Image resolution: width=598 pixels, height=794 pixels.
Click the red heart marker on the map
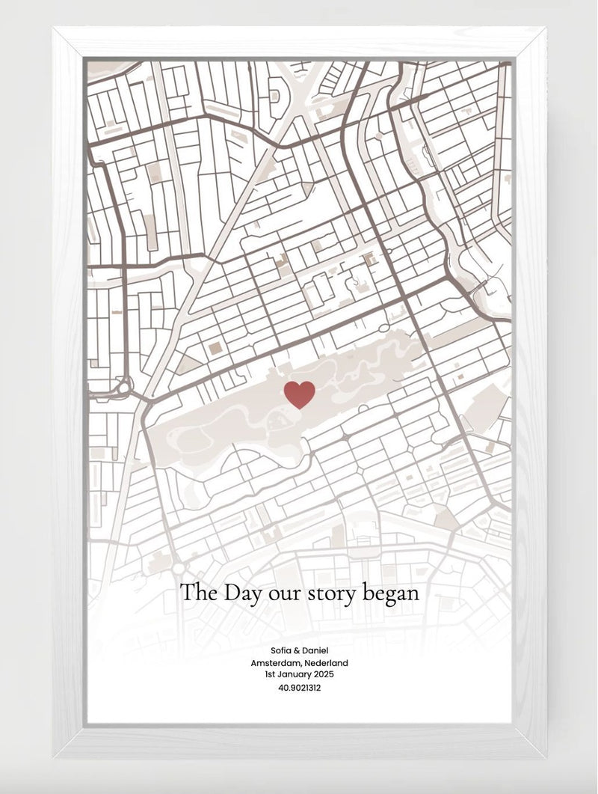pyautogui.click(x=300, y=394)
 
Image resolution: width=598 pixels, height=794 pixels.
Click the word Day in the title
pyautogui.click(x=240, y=593)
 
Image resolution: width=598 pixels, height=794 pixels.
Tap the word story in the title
pyautogui.click(x=330, y=593)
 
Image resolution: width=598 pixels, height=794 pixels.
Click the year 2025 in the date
pyautogui.click(x=321, y=674)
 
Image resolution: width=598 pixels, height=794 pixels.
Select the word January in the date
pyautogui.click(x=292, y=674)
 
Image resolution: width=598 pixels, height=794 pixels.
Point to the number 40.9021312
pyautogui.click(x=299, y=688)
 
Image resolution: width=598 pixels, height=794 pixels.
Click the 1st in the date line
pyautogui.click(x=270, y=674)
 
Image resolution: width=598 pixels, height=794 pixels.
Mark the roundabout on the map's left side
pyautogui.click(x=122, y=388)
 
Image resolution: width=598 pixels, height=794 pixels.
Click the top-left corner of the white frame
pyautogui.click(x=56, y=30)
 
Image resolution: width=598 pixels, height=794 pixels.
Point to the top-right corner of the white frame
pyautogui.click(x=543, y=30)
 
